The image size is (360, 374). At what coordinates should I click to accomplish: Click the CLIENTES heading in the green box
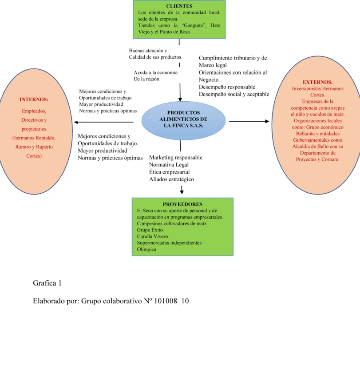click(179, 6)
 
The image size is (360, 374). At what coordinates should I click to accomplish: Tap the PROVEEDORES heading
click(182, 204)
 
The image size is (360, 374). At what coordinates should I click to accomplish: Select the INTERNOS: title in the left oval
click(34, 99)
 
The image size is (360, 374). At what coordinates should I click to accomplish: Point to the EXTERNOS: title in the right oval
click(317, 82)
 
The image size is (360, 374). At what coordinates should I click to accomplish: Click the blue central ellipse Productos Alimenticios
click(183, 120)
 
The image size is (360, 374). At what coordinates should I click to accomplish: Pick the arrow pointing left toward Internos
click(104, 122)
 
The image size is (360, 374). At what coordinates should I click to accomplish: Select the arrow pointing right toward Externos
click(249, 121)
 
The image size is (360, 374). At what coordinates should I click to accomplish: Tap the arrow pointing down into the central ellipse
click(180, 92)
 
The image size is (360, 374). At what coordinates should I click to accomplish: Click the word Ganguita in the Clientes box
click(194, 25)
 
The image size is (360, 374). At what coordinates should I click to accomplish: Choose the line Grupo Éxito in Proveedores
click(150, 230)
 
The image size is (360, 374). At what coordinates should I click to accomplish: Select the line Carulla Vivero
click(153, 236)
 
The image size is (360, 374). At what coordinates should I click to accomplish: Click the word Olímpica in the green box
click(146, 249)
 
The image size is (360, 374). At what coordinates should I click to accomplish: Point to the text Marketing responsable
click(176, 157)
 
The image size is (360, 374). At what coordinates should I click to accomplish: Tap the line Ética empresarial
click(169, 172)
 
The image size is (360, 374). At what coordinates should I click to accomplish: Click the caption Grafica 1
click(47, 283)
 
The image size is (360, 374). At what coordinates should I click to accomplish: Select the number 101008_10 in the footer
click(171, 301)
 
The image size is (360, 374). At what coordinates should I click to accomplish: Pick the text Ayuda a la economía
click(155, 72)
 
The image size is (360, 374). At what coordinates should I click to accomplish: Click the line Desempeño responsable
click(227, 87)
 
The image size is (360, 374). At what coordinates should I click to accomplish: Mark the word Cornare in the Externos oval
click(330, 159)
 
